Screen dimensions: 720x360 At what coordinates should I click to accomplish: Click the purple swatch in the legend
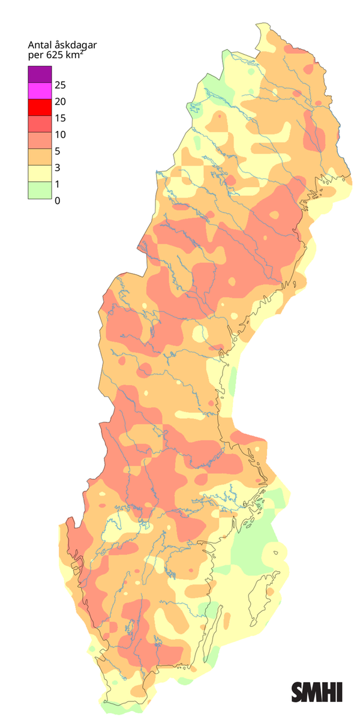40,74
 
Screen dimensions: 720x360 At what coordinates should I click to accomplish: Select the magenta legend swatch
40,92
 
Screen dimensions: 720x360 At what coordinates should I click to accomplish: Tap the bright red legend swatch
40,108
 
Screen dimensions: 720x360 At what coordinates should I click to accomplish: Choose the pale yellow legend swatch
40,175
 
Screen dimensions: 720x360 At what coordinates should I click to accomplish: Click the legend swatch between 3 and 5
40,158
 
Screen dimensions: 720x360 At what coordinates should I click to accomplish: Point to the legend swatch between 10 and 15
40,125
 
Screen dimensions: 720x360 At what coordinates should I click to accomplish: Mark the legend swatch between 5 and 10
40,142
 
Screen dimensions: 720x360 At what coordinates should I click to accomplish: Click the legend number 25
60,84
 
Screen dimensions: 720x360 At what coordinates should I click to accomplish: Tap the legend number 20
60,101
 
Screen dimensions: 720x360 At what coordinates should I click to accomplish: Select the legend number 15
60,118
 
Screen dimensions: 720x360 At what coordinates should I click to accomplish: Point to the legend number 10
60,134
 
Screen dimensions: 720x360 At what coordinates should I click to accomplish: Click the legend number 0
57,200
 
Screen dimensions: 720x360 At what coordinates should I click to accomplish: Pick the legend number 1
57,184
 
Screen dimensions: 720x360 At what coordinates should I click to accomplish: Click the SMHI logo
317,692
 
